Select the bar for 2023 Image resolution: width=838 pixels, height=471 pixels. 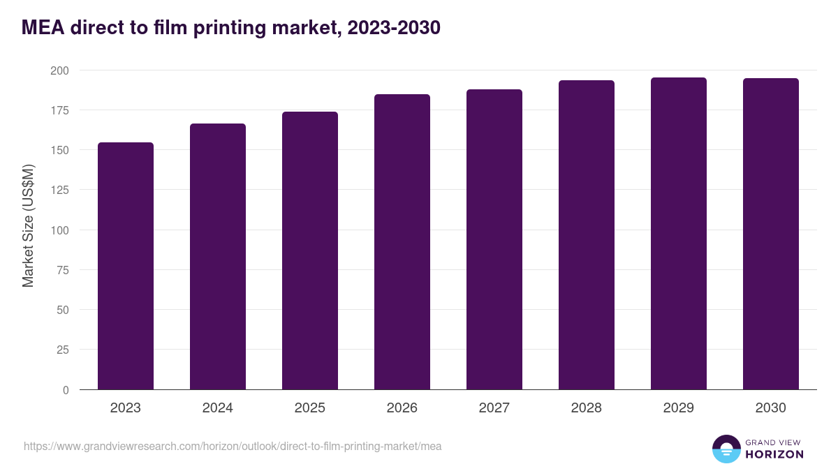(x=126, y=266)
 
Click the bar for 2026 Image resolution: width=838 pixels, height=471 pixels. (x=402, y=242)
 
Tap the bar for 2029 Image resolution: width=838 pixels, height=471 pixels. (x=679, y=234)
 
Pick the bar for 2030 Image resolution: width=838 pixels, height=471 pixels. (x=771, y=234)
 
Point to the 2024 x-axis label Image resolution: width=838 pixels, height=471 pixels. (x=217, y=408)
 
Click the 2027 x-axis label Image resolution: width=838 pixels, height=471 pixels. (x=494, y=408)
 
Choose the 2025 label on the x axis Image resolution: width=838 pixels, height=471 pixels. (x=309, y=408)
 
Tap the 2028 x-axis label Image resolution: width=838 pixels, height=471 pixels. (x=586, y=408)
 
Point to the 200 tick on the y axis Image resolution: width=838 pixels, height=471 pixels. (x=59, y=70)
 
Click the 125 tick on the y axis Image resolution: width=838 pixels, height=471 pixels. (x=59, y=190)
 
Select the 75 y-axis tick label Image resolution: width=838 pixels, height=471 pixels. (x=62, y=270)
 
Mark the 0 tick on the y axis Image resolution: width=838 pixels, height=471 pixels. (x=66, y=390)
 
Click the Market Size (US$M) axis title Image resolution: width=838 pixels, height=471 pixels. (x=28, y=225)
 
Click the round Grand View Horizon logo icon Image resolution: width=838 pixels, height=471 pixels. (x=726, y=449)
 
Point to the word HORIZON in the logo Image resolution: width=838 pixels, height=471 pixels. (x=774, y=454)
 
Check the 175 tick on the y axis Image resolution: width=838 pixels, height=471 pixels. (x=59, y=110)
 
